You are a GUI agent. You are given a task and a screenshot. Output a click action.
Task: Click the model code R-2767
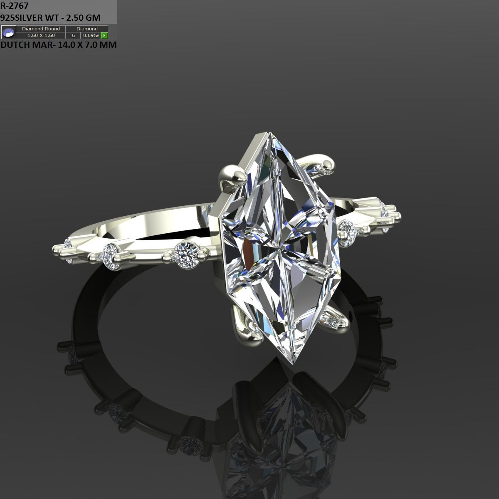point(15,6)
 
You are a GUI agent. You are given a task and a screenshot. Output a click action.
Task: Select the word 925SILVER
point(20,17)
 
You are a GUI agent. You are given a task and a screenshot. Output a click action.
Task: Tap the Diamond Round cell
point(41,29)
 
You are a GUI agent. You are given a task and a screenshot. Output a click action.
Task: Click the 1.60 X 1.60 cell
point(41,35)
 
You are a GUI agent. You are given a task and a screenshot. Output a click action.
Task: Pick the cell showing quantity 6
point(73,35)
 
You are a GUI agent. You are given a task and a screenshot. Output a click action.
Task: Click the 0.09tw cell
point(90,35)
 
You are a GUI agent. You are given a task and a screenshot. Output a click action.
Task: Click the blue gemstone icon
point(8,32)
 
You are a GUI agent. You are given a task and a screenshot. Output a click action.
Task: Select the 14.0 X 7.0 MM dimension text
point(87,45)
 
